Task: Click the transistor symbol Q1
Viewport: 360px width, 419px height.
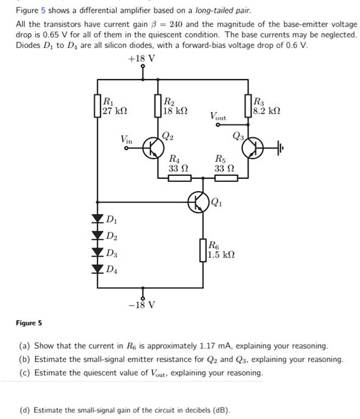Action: click(x=198, y=202)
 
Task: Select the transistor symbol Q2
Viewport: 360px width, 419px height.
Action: click(x=153, y=148)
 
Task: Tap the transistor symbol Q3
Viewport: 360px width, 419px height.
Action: click(x=253, y=148)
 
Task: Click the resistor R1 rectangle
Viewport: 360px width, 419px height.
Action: click(x=97, y=106)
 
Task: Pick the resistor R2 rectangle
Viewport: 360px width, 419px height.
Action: click(x=158, y=106)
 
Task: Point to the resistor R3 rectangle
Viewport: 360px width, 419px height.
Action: click(x=248, y=106)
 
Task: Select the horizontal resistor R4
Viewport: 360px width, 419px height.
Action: click(x=180, y=178)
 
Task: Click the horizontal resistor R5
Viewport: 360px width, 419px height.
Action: click(x=226, y=178)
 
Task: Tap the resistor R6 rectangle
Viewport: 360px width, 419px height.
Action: click(x=203, y=250)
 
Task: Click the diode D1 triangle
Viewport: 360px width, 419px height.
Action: click(x=97, y=219)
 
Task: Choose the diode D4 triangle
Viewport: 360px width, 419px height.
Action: click(x=97, y=269)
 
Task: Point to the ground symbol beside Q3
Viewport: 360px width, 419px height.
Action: click(x=280, y=148)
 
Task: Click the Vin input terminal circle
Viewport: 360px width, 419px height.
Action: click(x=126, y=148)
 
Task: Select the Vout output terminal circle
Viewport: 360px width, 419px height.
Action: click(x=218, y=125)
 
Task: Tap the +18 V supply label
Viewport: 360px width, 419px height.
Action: click(x=141, y=59)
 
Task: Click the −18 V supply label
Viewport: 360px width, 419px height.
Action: click(x=141, y=304)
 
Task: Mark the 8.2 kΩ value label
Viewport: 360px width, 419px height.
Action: click(x=266, y=111)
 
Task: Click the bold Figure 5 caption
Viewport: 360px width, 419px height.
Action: click(x=29, y=323)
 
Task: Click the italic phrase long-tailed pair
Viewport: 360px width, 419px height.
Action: click(x=223, y=10)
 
